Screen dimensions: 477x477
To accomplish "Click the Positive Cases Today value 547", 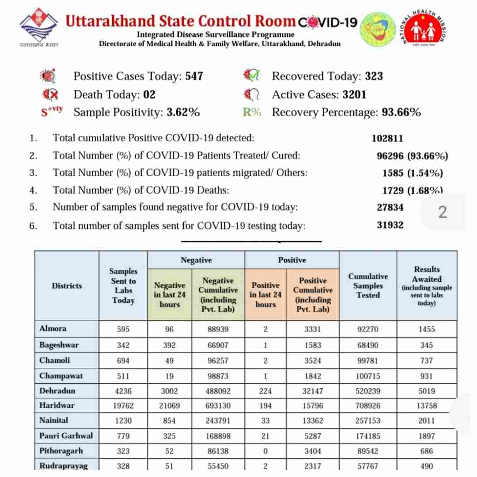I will [194, 76].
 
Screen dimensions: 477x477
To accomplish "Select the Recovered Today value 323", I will [374, 76].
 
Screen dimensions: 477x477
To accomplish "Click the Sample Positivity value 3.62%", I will [183, 112].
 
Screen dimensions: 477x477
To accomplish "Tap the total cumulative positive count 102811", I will [388, 138].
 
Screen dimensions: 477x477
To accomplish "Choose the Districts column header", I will [67, 286].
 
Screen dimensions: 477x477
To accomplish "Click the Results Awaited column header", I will [427, 285].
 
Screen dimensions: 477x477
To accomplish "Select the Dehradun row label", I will [57, 391].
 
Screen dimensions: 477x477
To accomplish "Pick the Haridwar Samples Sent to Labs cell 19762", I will [123, 406].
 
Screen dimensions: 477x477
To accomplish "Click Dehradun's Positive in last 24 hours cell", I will [265, 391].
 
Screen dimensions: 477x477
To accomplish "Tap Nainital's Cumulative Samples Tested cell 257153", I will [368, 421].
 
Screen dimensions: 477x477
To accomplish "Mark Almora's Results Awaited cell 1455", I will [427, 329].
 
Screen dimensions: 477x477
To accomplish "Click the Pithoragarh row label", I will [61, 451].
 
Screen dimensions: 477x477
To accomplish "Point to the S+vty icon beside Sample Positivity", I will [52, 111].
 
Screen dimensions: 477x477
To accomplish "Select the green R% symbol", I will [252, 112].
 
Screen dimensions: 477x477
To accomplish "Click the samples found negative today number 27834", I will [390, 208].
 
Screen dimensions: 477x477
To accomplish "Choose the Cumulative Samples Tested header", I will [368, 285].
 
